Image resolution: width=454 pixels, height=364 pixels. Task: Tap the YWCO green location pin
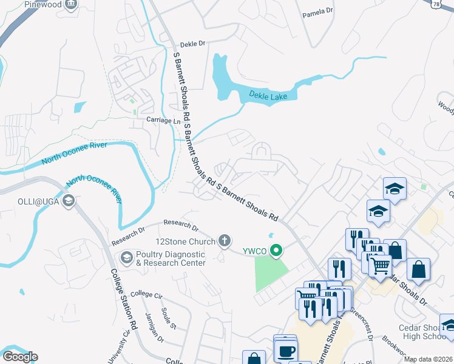(277, 250)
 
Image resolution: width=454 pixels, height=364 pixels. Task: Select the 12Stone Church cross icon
(225, 241)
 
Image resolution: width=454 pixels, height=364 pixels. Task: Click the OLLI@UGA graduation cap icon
(69, 201)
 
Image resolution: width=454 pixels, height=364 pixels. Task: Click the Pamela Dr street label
(318, 12)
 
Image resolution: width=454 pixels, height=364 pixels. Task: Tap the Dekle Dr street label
(194, 44)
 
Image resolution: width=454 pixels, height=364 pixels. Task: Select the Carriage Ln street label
(163, 121)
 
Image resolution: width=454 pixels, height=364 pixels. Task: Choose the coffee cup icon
(285, 351)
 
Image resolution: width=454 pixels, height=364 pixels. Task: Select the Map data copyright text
(428, 359)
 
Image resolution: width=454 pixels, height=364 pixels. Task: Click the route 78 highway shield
(447, 4)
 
